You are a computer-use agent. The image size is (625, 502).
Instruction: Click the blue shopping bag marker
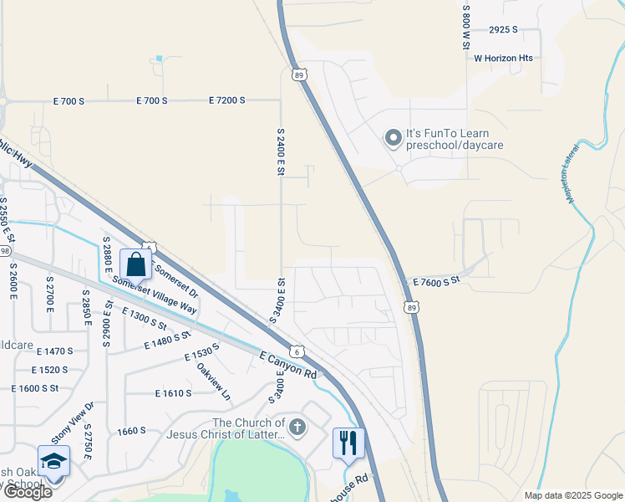pyautogui.click(x=136, y=264)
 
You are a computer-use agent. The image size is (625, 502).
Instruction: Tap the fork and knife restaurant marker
pyautogui.click(x=348, y=443)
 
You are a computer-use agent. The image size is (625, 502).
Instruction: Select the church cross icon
pyautogui.click(x=298, y=428)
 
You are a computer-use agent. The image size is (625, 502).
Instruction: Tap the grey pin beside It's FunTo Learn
pyautogui.click(x=393, y=139)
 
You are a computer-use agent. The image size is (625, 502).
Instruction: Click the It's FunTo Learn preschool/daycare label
pyautogui.click(x=459, y=139)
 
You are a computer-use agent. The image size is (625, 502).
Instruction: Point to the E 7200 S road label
pyautogui.click(x=226, y=100)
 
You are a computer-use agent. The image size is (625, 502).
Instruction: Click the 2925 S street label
pyautogui.click(x=504, y=29)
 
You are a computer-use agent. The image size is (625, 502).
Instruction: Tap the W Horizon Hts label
pyautogui.click(x=503, y=59)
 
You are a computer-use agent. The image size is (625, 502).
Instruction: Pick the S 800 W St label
pyautogui.click(x=467, y=26)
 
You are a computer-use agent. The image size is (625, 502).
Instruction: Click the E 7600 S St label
pyautogui.click(x=437, y=281)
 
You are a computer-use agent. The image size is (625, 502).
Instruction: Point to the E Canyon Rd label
pyautogui.click(x=289, y=364)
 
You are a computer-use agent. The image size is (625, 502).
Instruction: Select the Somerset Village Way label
pyautogui.click(x=155, y=296)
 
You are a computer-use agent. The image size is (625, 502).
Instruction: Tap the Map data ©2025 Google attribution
pyautogui.click(x=573, y=495)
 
